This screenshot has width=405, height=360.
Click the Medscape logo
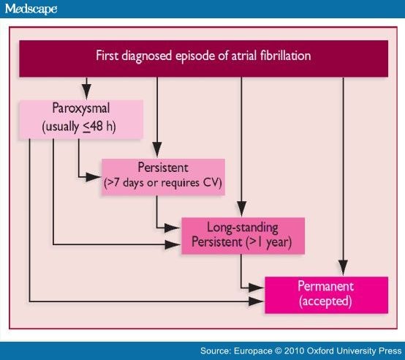pos(31,9)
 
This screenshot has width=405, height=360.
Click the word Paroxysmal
pos(81,108)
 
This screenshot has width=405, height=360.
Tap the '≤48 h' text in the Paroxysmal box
pos(99,127)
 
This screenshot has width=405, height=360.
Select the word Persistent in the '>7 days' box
pos(163,168)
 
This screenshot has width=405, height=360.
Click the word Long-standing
pos(243,228)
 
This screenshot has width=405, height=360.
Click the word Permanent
pos(326,286)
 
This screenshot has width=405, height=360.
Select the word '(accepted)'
pos(325,301)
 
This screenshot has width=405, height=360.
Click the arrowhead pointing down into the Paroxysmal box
pos(86,91)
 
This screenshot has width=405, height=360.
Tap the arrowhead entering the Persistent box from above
pos(157,149)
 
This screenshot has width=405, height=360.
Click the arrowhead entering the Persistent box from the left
pos(93,177)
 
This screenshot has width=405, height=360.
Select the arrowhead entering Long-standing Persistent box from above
pos(241,209)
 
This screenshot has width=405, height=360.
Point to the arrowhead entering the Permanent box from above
pos(343,268)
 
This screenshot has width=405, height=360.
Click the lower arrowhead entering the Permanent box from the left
pos(256,301)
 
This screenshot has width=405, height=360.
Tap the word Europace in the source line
pos(253,351)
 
